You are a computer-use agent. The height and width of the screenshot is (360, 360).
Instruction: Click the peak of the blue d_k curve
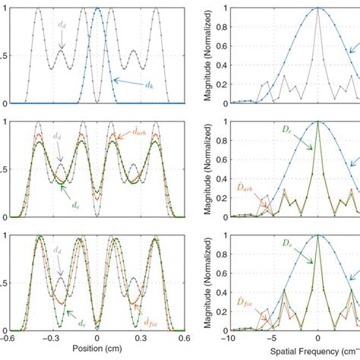[x=96, y=8]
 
